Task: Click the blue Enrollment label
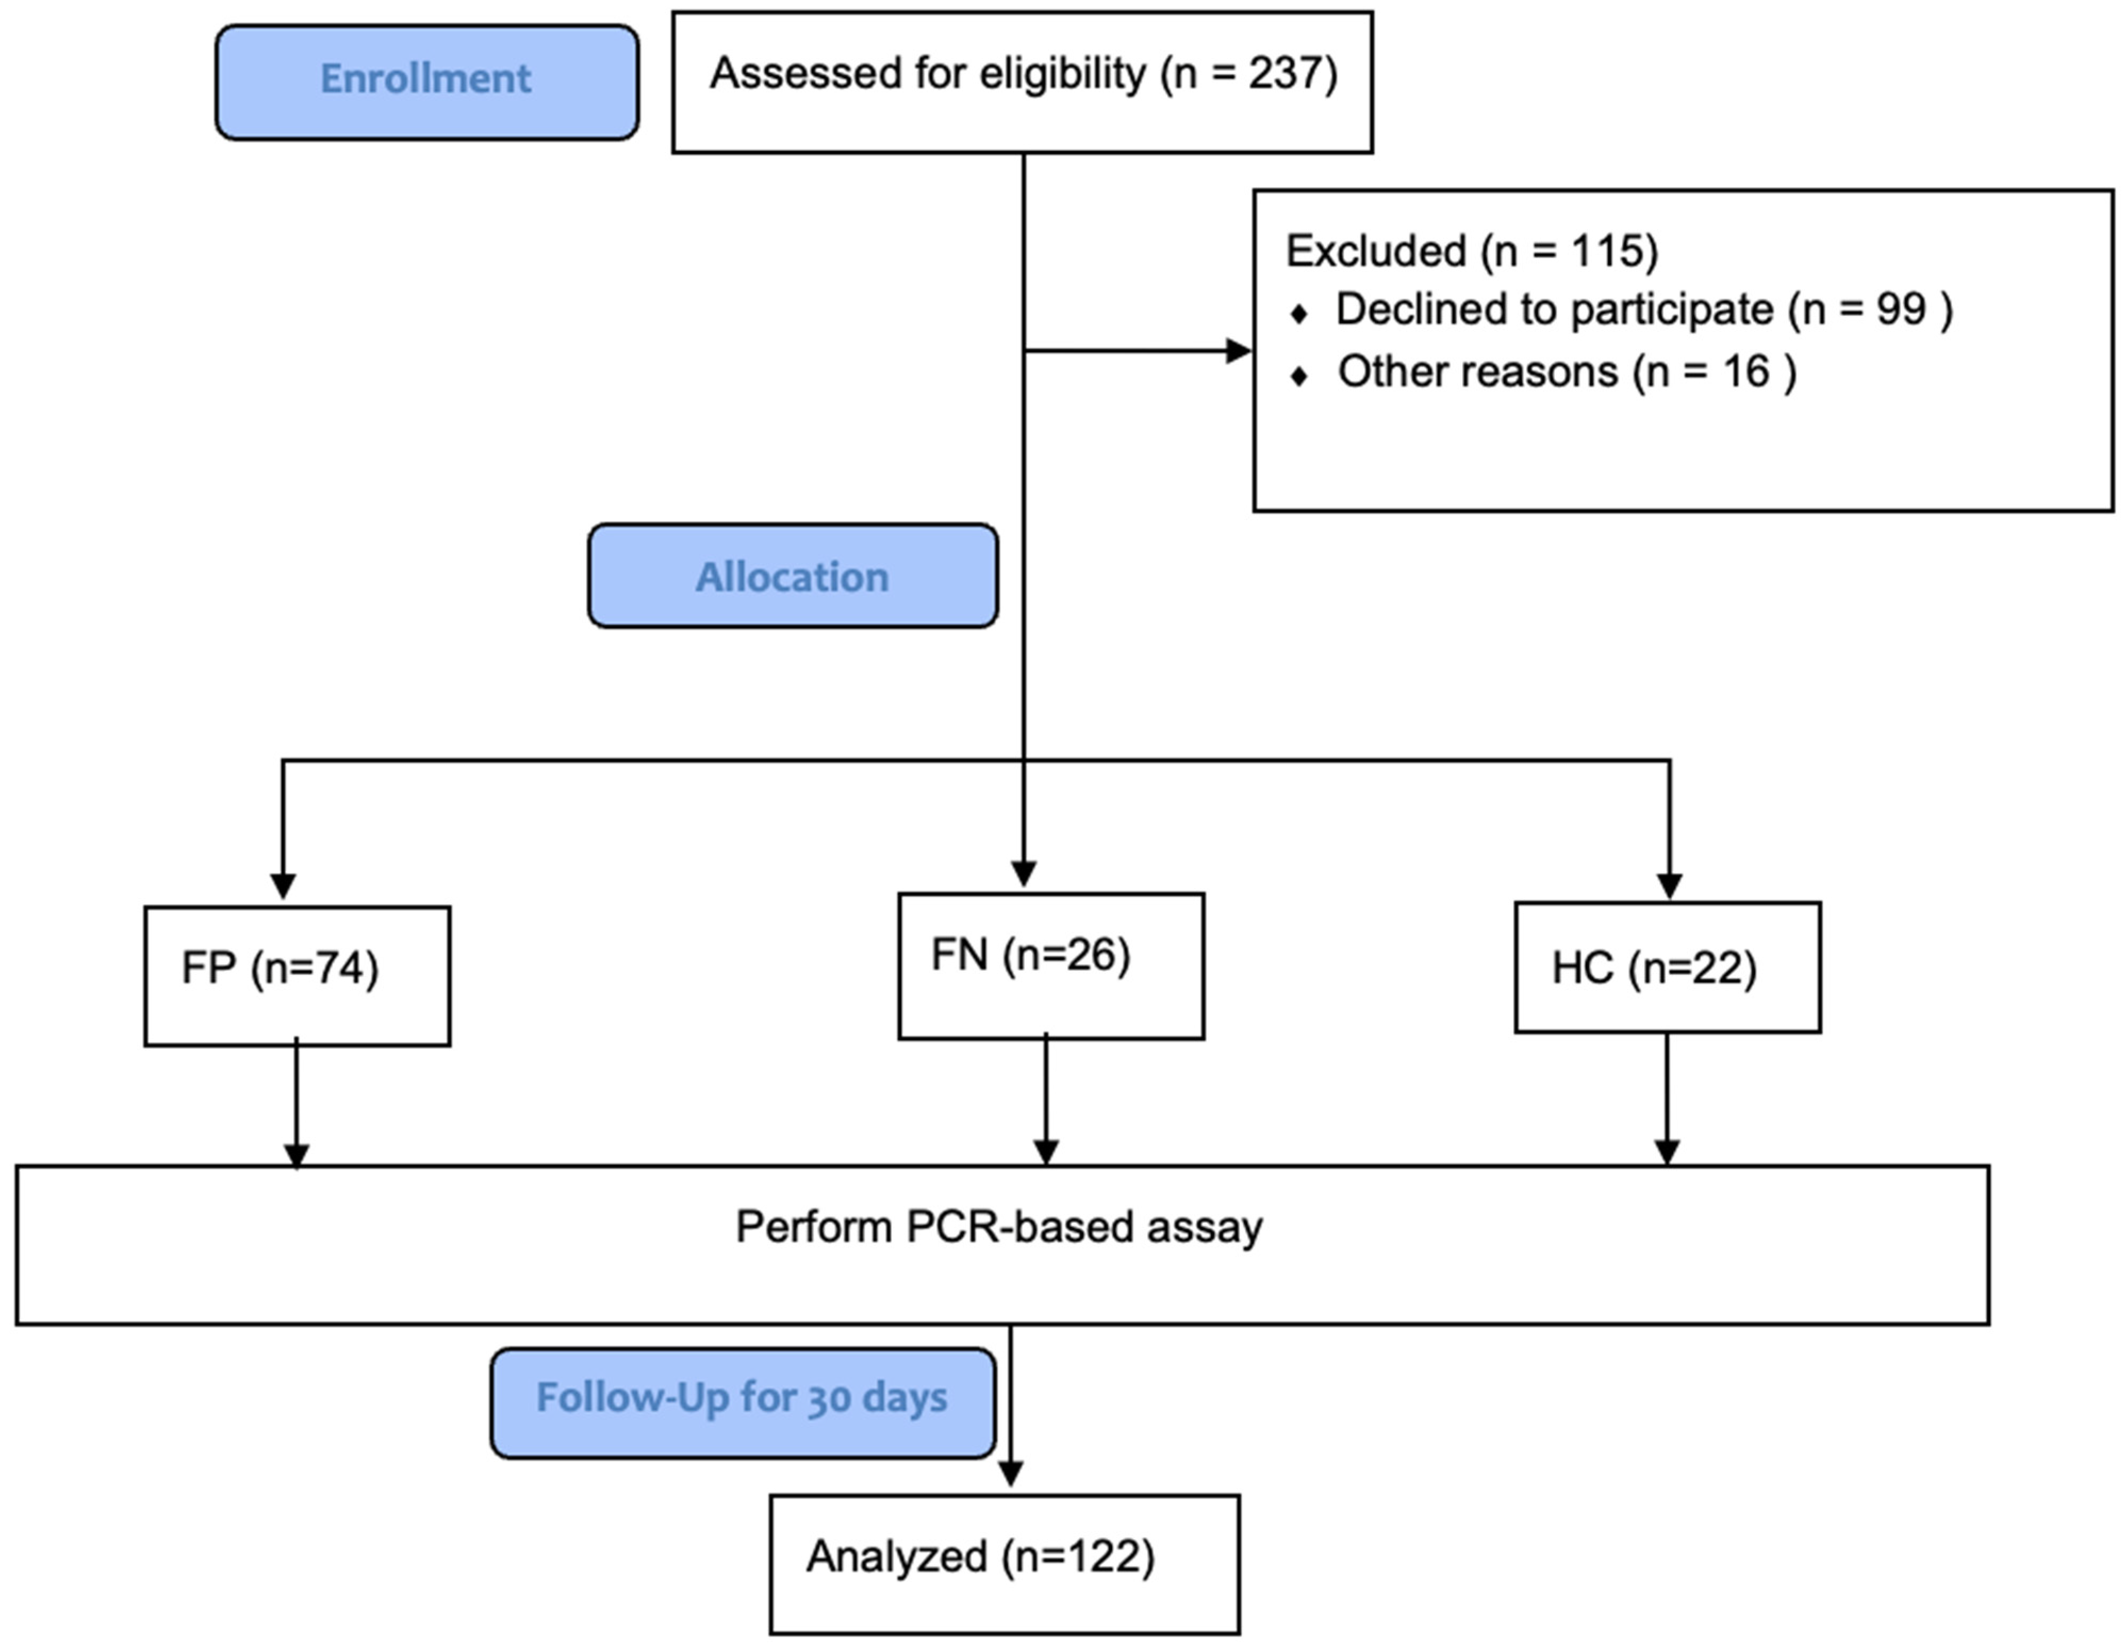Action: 427,82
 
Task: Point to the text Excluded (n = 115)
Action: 1471,251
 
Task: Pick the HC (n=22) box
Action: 1667,967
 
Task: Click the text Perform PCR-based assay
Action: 999,1227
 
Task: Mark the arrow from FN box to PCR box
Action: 1046,1100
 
